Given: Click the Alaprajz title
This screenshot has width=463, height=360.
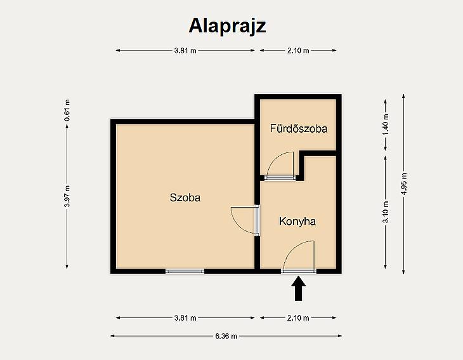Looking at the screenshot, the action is click(227, 26).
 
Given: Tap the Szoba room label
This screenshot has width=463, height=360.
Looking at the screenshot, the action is click(185, 197).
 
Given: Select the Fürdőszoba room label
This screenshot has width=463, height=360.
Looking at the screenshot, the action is click(299, 128).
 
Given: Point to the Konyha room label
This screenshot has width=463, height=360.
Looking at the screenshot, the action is click(297, 222).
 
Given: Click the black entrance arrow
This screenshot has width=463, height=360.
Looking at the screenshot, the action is click(299, 288).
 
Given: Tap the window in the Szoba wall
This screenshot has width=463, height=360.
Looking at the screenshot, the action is click(185, 271).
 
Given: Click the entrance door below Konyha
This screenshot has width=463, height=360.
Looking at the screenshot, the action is click(299, 257).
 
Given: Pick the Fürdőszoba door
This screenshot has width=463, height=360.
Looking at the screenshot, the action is click(280, 166).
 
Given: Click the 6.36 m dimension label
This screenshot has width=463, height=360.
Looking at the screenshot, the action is click(226, 336).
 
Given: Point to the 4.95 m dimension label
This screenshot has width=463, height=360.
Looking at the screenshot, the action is click(403, 184).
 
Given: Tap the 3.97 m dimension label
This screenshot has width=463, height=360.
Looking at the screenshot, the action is click(67, 197).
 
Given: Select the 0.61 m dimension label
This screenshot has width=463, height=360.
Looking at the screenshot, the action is click(67, 110).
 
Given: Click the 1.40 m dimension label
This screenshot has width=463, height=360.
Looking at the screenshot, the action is click(386, 124).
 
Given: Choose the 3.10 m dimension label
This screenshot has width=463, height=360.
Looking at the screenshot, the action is click(386, 212).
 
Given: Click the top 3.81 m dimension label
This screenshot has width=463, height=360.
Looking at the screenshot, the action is click(185, 51).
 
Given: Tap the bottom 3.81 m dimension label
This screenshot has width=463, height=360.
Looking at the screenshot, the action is click(185, 318).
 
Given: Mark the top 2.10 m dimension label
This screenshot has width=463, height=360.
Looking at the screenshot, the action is click(298, 51).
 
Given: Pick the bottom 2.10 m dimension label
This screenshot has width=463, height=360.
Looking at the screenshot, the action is click(298, 318).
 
